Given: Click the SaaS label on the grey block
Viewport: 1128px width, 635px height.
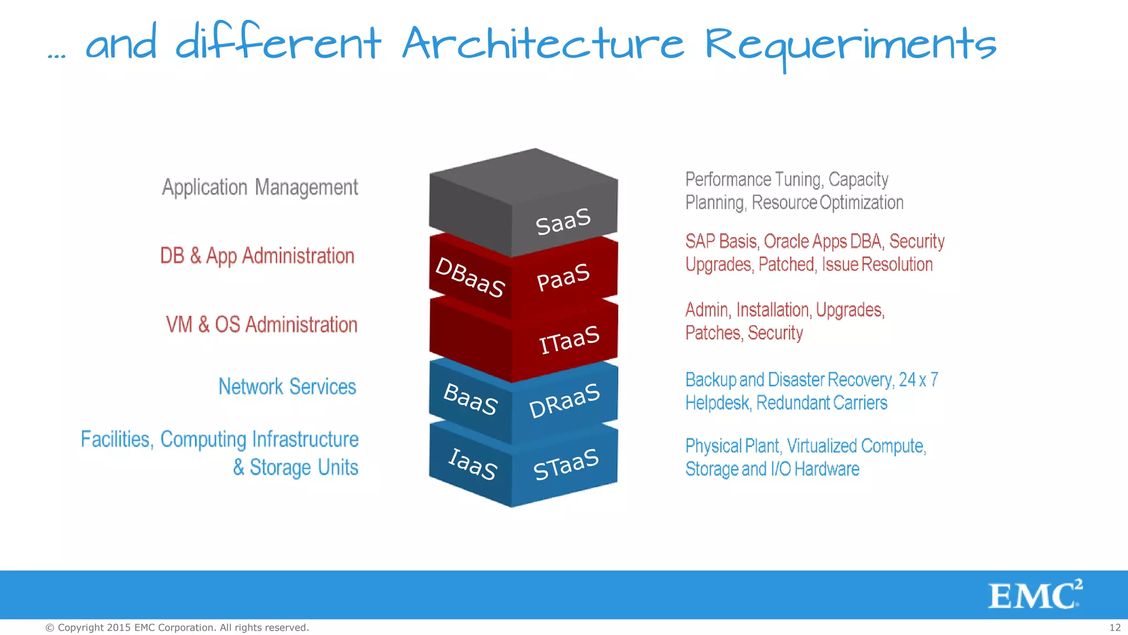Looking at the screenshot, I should pos(563,221).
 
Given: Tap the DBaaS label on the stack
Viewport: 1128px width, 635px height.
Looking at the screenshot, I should pos(470,277).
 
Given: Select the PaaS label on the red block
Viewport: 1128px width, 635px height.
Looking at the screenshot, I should pos(563,277).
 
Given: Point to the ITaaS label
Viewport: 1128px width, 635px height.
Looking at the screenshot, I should pos(569,339).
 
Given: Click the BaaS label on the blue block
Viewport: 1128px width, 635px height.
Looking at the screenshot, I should pos(470,399).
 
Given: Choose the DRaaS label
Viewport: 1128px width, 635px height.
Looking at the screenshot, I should pos(564,401).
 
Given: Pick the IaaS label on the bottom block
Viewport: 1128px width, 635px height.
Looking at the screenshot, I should pos(473,464).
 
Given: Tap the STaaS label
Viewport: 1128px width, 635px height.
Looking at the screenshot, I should pos(566,465).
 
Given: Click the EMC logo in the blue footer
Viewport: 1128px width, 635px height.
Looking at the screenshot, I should pos(1035,595).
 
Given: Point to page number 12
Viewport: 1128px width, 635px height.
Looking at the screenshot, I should pos(1115,627).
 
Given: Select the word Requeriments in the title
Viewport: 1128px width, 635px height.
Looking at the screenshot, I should pos(850,45).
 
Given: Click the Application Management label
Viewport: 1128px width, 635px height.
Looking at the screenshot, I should pos(260,187).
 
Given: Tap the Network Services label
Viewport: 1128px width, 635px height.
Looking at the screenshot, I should pos(288,386).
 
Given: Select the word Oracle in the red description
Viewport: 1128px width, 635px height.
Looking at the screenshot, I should pos(786,241).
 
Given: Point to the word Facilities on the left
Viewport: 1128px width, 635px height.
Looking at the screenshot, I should pos(116,439).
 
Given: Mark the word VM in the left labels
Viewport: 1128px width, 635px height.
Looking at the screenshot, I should pos(179,325).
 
